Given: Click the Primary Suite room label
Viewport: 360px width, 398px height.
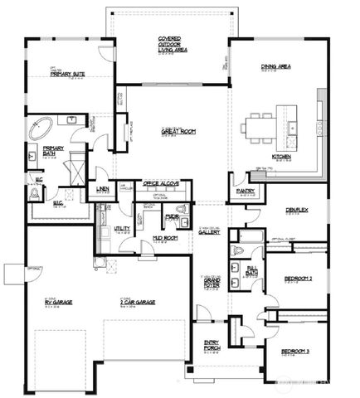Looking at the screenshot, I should point(68,74).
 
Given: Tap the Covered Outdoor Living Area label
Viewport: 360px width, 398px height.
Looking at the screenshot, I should point(170,44).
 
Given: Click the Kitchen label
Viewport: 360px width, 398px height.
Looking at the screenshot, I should point(280,157).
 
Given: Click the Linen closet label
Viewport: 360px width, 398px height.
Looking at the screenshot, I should point(102,190).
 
